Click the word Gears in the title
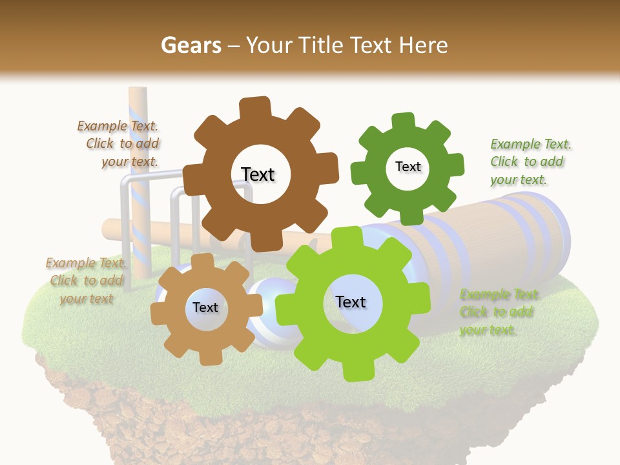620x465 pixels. pos(191,45)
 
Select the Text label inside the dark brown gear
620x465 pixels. pos(258,174)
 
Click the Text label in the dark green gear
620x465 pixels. pos(408,167)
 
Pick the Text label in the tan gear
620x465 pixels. pos(205,308)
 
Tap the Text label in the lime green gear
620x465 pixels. pos(351,302)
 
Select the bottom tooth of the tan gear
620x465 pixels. pos(206,357)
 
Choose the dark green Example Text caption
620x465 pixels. pos(527,161)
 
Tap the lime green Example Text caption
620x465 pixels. pos(498,312)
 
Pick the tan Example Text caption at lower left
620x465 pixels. pos(85,280)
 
